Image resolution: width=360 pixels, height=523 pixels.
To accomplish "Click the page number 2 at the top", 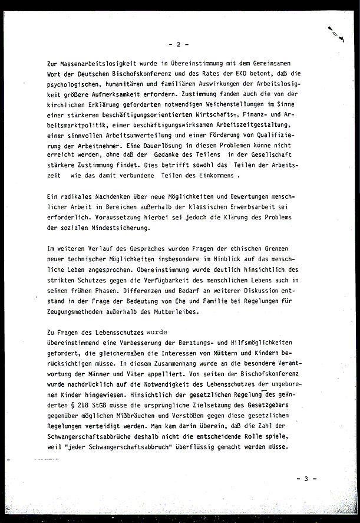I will coord(179,44).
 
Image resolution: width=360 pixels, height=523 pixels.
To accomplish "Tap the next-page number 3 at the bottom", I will coord(306,479).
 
